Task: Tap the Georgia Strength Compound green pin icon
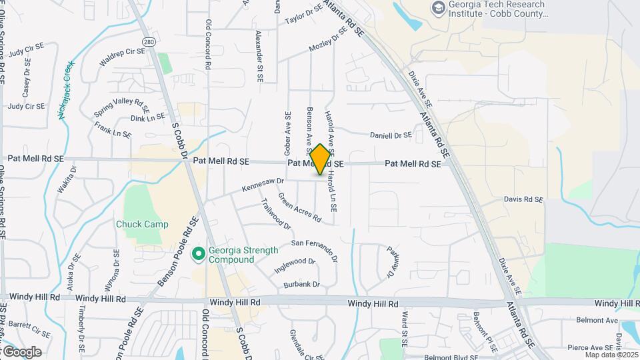point(198,254)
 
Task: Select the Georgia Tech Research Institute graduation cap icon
point(438,8)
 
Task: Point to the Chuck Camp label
point(142,224)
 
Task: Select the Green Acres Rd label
point(299,207)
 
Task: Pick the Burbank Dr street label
point(301,284)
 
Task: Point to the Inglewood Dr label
point(294,266)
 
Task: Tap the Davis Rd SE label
point(523,199)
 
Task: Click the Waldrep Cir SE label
point(122,56)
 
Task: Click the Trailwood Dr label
point(276,214)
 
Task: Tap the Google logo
point(21,351)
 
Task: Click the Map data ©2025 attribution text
point(611,355)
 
